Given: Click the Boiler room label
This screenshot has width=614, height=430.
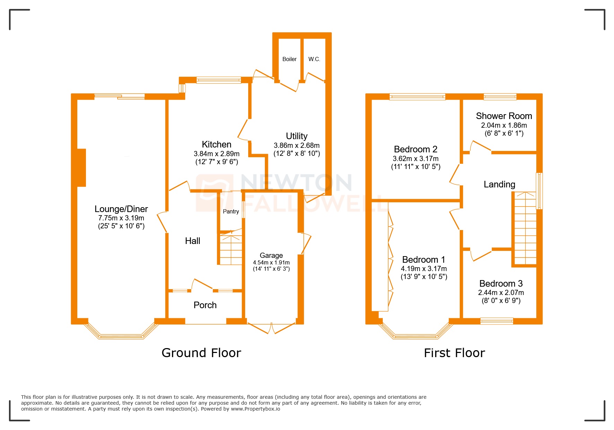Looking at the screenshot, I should (x=289, y=59).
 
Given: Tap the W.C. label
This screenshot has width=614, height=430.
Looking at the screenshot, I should (x=314, y=59).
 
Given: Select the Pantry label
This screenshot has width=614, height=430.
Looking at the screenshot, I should (x=231, y=211).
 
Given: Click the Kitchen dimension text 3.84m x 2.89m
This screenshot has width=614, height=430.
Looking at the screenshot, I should (x=216, y=154).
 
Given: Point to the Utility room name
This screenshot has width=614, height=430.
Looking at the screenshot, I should (x=296, y=136).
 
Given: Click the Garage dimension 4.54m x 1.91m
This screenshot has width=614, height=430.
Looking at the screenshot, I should (x=271, y=263).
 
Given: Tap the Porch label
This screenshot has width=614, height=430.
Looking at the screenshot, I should (x=205, y=305).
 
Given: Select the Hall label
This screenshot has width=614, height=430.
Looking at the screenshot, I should (x=192, y=241).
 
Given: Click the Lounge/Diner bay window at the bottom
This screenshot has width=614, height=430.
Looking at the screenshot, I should (x=121, y=336).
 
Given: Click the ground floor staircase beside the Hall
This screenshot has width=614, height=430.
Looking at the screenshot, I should (x=231, y=250).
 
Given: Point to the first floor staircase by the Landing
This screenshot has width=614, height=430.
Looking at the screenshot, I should (x=525, y=229).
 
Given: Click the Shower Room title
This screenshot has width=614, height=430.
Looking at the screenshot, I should (x=503, y=116).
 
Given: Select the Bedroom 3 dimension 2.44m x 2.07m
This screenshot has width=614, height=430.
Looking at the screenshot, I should (x=501, y=293).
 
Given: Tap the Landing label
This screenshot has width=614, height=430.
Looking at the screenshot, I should (x=499, y=184).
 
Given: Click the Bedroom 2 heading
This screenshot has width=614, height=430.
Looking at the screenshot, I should (x=415, y=149).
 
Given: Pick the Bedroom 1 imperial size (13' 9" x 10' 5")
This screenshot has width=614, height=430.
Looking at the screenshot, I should (x=424, y=277).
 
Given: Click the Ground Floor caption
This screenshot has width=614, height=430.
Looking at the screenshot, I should (x=201, y=353).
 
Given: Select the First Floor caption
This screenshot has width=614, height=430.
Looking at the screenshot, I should (x=454, y=353).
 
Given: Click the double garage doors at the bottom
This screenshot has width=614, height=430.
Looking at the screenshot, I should (x=271, y=328).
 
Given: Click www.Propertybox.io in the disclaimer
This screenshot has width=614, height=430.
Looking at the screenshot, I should (x=255, y=409).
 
